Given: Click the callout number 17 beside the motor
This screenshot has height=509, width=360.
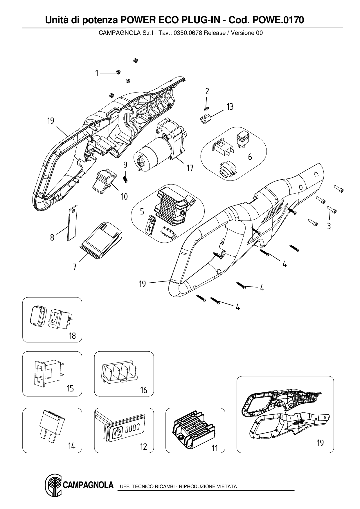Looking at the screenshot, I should [x=190, y=168].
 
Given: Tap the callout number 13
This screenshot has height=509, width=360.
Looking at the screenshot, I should [x=230, y=107].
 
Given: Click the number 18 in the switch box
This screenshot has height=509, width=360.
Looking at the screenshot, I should [x=72, y=336].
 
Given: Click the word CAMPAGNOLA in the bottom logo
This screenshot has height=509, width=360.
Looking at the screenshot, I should [x=88, y=485].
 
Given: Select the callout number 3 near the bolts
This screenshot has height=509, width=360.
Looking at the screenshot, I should [x=328, y=226].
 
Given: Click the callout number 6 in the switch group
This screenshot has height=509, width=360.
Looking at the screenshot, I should [x=250, y=157].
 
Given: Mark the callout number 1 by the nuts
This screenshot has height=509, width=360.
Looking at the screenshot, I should [x=97, y=73].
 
